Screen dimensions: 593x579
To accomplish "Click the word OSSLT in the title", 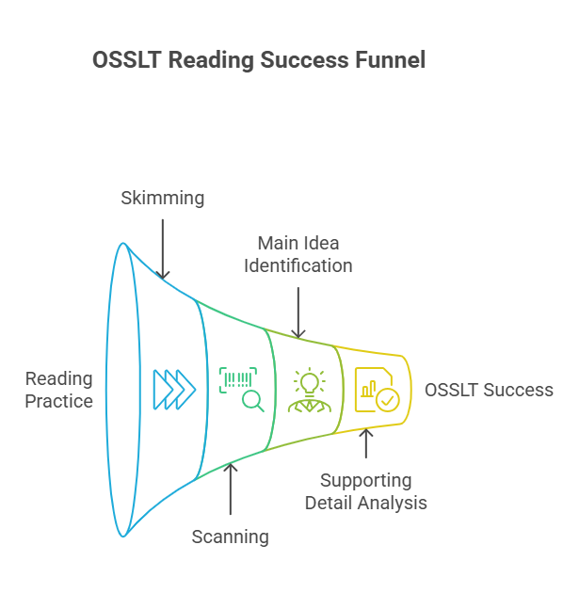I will point(124,60).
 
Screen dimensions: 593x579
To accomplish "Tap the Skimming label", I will point(163,198).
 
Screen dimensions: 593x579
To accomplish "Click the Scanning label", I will point(230,537).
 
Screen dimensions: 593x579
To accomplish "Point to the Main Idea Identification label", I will point(298,254).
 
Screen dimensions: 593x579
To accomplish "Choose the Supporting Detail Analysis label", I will point(365,491).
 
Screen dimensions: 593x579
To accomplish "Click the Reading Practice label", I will point(58,390).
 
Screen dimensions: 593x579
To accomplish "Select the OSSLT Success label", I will point(489,390).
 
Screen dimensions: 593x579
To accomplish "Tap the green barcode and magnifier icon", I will point(241,389).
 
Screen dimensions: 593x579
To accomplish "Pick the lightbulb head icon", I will point(308,390).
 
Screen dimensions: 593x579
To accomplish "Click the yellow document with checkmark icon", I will point(376,390).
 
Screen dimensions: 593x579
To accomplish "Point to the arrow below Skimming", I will point(163,248).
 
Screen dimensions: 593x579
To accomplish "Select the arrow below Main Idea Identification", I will point(298,312).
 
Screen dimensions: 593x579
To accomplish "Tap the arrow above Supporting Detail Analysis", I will point(365,443).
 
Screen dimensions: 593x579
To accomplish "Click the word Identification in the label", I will point(298,265).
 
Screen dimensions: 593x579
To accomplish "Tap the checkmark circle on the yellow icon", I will point(386,400).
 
